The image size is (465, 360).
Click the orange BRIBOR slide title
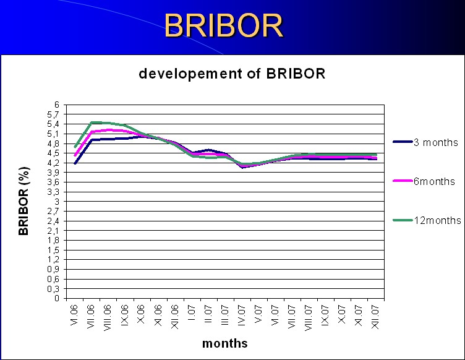[x=224, y=25]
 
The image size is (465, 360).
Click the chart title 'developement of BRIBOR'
[x=232, y=73]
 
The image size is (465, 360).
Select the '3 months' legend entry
[x=425, y=142]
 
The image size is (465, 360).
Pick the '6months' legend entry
[x=424, y=181]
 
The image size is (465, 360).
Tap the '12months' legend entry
[x=427, y=220]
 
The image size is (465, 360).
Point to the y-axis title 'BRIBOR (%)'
[x=23, y=201]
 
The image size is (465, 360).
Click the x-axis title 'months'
[x=225, y=343]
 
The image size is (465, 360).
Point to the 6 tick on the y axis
[x=57, y=105]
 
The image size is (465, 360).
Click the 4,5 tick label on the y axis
[x=53, y=153]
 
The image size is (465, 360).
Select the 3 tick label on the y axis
[x=57, y=202]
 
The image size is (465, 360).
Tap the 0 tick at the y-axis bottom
[x=57, y=298]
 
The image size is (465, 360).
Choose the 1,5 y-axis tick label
[x=53, y=250]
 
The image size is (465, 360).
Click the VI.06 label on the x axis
[x=74, y=315]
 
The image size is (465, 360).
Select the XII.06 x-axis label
[x=174, y=317]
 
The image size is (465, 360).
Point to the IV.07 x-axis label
[x=242, y=315]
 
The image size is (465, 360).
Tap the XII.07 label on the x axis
[x=375, y=317]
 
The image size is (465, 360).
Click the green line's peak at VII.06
[x=92, y=122]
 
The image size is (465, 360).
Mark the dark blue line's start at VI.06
[x=75, y=163]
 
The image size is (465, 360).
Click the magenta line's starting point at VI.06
[x=75, y=155]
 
